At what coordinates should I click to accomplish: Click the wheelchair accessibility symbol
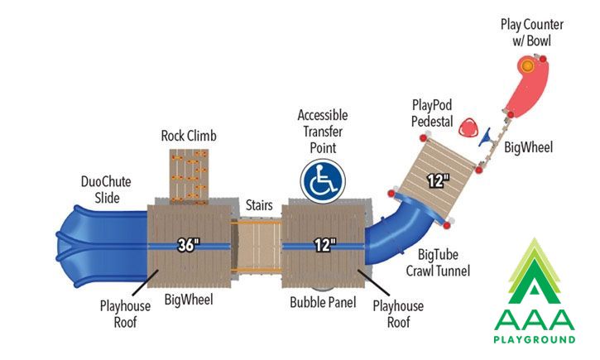[323, 181]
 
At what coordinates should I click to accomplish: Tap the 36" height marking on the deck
[188, 245]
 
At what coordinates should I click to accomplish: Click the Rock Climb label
[189, 136]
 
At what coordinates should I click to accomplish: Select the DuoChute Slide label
[106, 190]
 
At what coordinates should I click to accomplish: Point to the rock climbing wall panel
[189, 176]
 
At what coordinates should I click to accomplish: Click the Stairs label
[259, 205]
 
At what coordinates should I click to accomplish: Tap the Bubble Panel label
[323, 302]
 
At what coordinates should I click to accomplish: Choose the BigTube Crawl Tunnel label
[438, 262]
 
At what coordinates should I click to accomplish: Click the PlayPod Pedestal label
[432, 113]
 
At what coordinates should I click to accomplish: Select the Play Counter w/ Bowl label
[532, 32]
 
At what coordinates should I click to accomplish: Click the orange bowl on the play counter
[527, 66]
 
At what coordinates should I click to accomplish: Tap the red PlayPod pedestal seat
[468, 128]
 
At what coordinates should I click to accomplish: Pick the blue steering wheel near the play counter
[486, 138]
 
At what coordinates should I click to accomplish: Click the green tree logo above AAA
[534, 271]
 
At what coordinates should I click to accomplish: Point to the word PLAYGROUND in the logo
[534, 339]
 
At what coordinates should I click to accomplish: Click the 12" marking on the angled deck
[438, 180]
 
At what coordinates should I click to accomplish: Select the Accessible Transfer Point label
[323, 132]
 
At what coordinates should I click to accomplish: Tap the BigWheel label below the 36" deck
[189, 299]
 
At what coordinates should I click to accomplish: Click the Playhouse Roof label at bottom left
[125, 314]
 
